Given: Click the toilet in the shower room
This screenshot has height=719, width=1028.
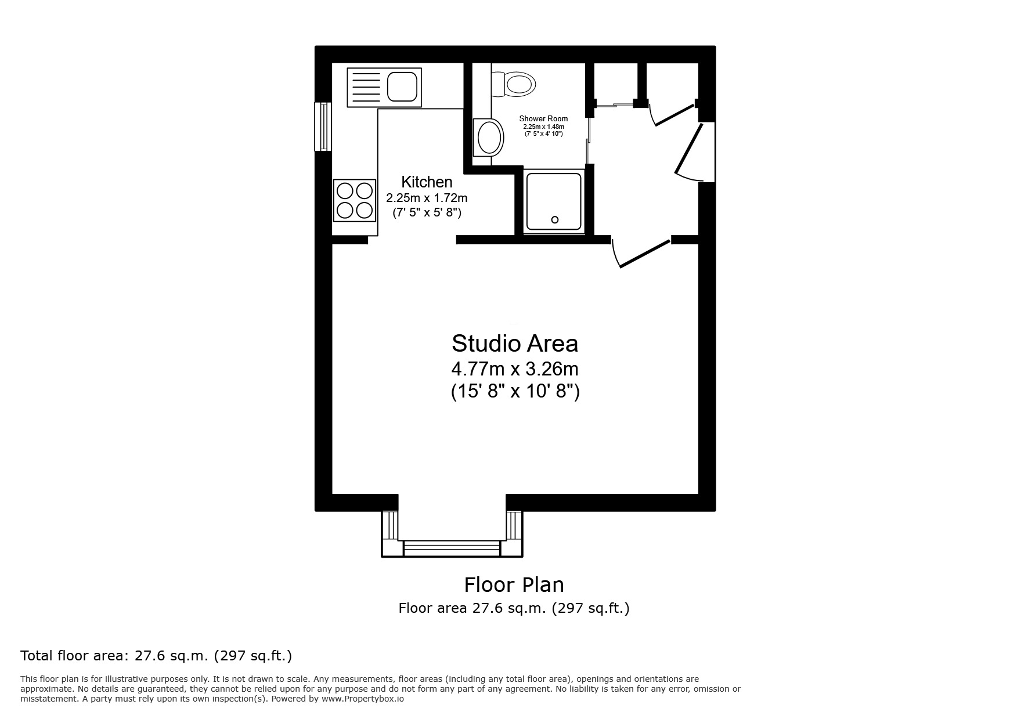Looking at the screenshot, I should tap(514, 84).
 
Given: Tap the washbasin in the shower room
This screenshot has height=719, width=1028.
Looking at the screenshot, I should tap(489, 138).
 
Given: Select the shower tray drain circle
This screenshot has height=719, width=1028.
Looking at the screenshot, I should tap(554, 219).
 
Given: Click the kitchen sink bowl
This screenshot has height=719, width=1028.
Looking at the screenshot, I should tap(402, 86).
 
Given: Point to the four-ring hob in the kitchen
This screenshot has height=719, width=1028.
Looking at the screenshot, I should tap(355, 200).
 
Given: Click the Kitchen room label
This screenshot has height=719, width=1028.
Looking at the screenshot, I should tap(427, 182).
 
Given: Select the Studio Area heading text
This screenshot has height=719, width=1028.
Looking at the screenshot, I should tap(515, 344).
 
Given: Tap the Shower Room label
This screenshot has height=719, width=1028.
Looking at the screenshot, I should tap(543, 118).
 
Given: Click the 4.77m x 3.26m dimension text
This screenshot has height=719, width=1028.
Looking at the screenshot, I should tap(515, 369).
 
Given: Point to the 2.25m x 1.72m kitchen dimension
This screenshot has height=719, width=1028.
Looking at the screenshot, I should tap(427, 198).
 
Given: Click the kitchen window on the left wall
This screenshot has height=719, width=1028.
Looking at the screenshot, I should tap(323, 127).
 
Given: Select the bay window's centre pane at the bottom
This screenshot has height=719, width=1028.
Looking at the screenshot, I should tap(452, 548).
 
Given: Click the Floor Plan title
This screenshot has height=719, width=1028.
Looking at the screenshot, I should tap(514, 584).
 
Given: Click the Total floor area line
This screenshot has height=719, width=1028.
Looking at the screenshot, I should tap(156, 656).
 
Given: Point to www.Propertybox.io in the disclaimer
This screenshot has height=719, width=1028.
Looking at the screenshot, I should tap(363, 699).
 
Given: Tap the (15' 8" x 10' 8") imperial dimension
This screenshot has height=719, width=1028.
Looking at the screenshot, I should tap(515, 392).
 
